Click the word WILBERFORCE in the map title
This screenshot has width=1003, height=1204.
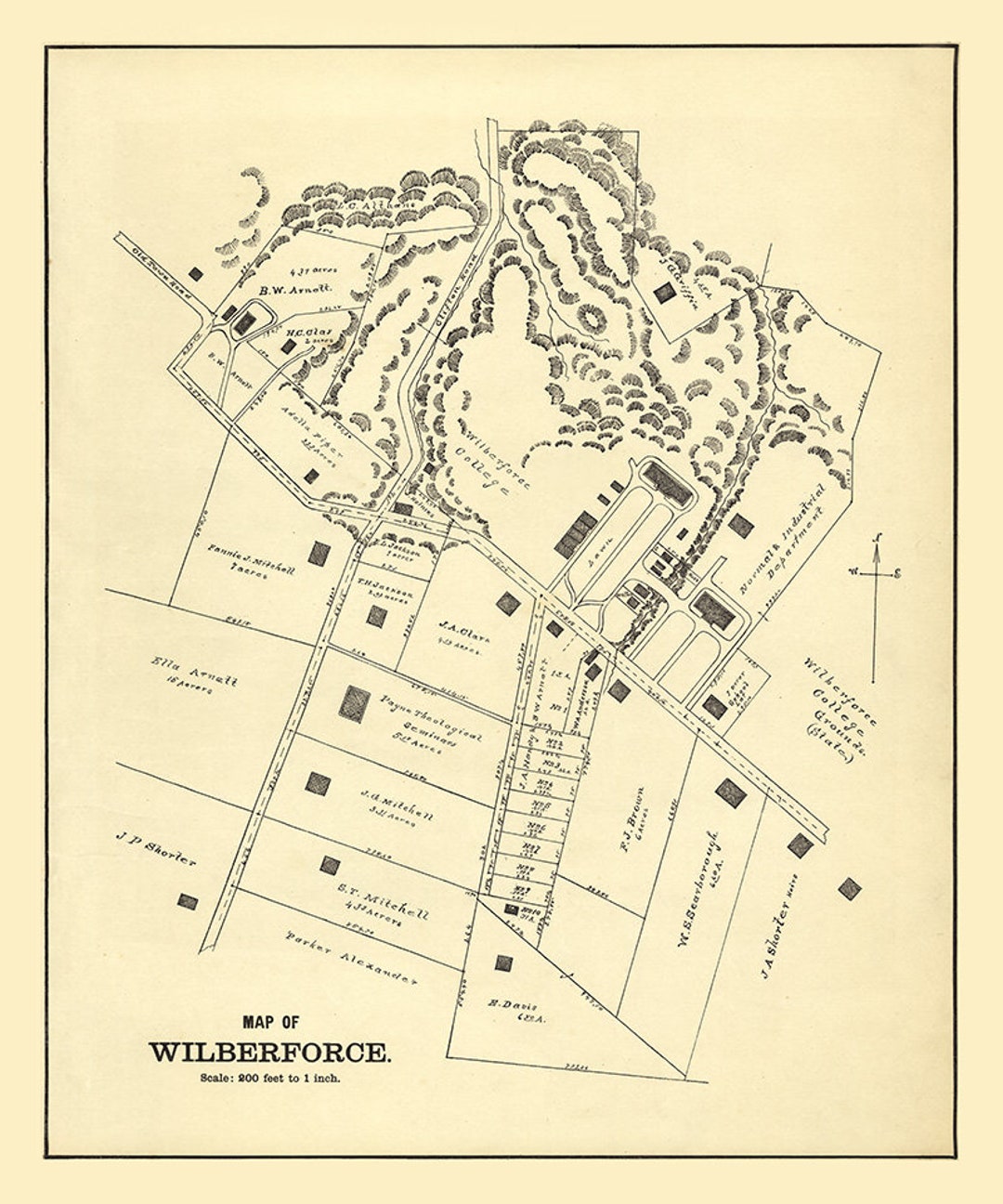coord(270,1053)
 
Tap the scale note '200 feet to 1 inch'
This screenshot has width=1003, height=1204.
coord(270,1079)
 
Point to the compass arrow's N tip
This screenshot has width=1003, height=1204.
coord(877,539)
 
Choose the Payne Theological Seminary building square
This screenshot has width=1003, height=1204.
coord(354,703)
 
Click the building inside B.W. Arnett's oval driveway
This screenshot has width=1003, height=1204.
coord(244,323)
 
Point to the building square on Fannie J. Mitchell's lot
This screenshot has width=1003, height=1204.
coord(319,554)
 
